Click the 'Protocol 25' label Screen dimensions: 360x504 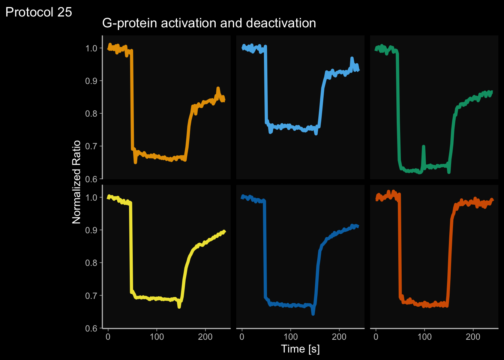[39, 12]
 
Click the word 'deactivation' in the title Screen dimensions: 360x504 [281, 23]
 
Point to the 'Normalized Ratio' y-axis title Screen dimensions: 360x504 [76, 182]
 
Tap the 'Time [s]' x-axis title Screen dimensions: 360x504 [300, 349]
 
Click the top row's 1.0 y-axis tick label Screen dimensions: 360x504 [91, 48]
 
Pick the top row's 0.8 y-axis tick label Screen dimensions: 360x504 [91, 114]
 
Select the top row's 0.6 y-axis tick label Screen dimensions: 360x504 [91, 179]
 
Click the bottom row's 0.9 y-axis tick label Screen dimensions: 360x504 [91, 230]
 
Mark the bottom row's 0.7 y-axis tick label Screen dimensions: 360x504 [91, 296]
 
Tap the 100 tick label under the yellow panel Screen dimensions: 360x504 [157, 337]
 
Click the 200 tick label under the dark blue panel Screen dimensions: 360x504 [339, 337]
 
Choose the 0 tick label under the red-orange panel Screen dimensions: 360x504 [376, 337]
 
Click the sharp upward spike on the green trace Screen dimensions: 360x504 [423, 147]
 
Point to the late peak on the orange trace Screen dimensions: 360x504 [218, 88]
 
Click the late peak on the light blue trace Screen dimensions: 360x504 [352, 58]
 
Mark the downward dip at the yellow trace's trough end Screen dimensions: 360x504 [179, 307]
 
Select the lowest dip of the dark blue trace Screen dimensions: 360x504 [313, 313]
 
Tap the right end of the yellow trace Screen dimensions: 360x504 [224, 231]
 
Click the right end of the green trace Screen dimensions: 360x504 [491, 91]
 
